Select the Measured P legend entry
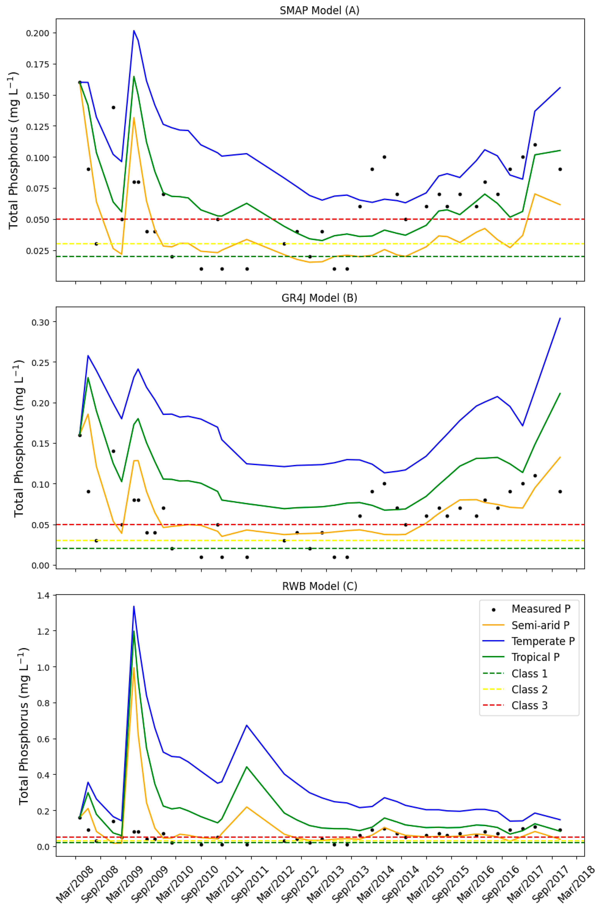click(x=540, y=609)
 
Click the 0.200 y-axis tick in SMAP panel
click(x=38, y=33)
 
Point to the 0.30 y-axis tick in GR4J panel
click(x=40, y=322)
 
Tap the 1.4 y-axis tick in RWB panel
click(x=43, y=595)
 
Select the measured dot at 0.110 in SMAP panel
click(x=535, y=145)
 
